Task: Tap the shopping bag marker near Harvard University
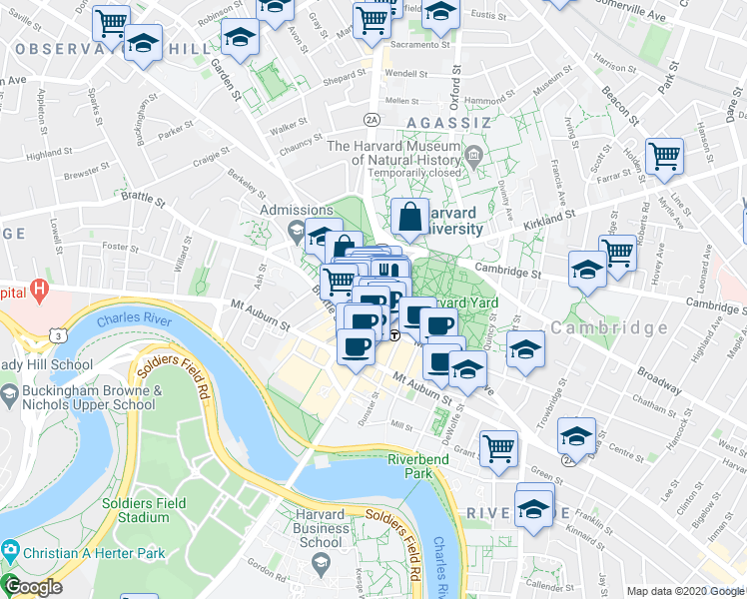pos(410,215)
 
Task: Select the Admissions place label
pos(296,211)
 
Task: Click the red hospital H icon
pos(39,291)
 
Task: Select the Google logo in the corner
pos(33,587)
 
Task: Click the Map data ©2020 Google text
pos(685,591)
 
